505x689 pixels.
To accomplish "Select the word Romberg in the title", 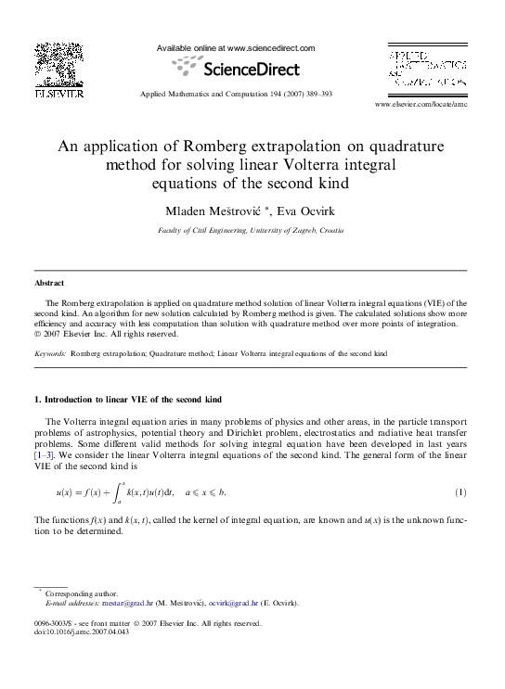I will pos(222,147).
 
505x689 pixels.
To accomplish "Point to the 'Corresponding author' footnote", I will pos(82,593).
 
